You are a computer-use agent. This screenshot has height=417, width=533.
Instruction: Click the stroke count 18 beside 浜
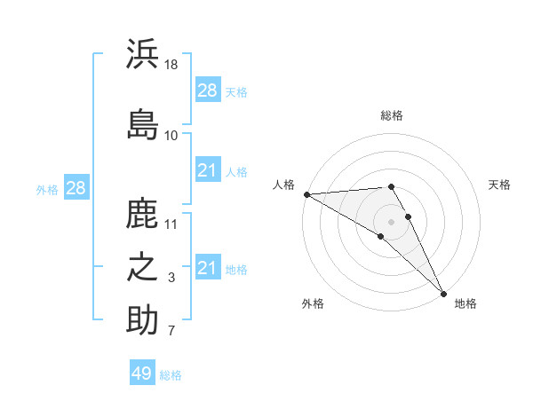pos(172,65)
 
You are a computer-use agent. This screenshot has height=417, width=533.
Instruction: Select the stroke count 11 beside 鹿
pos(172,224)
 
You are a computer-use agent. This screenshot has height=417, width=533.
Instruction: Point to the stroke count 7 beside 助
pos(171,332)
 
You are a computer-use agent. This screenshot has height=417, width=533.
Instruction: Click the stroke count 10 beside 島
pos(171,135)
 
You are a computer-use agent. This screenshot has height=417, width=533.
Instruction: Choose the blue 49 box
pos(142,374)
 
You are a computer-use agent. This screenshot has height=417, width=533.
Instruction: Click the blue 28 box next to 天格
pos(208,90)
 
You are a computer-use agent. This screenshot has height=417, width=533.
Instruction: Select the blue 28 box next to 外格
pos(76,188)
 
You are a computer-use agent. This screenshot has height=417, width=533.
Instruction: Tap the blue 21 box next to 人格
pos(208,170)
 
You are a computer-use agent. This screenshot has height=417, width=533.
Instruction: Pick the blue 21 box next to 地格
pos(208,268)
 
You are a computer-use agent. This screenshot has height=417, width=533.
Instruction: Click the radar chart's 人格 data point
pos(306,194)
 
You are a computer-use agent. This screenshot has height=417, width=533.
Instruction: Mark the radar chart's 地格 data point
pos(443,293)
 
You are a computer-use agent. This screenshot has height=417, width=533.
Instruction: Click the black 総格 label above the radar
pos(391,115)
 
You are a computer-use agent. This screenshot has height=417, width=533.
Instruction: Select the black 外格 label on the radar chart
pos(313,303)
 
